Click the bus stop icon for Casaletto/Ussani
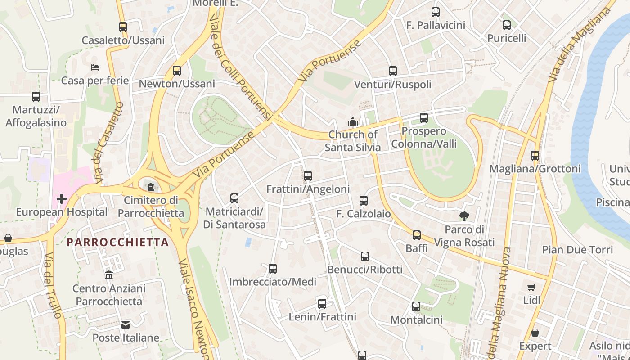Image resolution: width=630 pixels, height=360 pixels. pyautogui.click(x=123, y=27)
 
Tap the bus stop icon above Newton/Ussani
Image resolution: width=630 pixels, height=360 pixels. pyautogui.click(x=177, y=71)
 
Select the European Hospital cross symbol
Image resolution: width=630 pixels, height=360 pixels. pyautogui.click(x=62, y=198)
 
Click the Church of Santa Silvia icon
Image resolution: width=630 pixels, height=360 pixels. pyautogui.click(x=352, y=121)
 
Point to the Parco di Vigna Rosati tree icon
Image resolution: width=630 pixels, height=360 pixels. pyautogui.click(x=464, y=216)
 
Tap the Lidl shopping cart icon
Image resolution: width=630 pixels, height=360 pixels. pyautogui.click(x=531, y=287)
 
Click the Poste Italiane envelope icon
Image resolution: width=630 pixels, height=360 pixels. pyautogui.click(x=126, y=324)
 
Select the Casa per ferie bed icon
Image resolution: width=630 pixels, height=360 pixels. pyautogui.click(x=95, y=67)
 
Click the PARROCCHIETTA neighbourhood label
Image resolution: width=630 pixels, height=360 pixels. pyautogui.click(x=117, y=242)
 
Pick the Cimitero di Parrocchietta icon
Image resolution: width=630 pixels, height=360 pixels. pyautogui.click(x=151, y=187)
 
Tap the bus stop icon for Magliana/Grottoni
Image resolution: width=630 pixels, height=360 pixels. pyautogui.click(x=535, y=156)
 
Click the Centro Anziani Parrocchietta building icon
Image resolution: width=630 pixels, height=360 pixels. pyautogui.click(x=109, y=275)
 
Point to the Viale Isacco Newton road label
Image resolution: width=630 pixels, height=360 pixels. pyautogui.click(x=194, y=306)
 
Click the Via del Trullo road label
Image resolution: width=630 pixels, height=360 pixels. pyautogui.click(x=53, y=286)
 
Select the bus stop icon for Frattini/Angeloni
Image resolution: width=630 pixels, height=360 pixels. pyautogui.click(x=308, y=176)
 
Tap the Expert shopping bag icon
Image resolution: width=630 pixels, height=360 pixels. pyautogui.click(x=535, y=333)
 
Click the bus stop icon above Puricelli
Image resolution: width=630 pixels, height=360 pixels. pyautogui.click(x=507, y=25)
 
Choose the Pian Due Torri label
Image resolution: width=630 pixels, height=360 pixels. pyautogui.click(x=577, y=250)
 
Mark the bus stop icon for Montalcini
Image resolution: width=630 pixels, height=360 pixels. pyautogui.click(x=416, y=307)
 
